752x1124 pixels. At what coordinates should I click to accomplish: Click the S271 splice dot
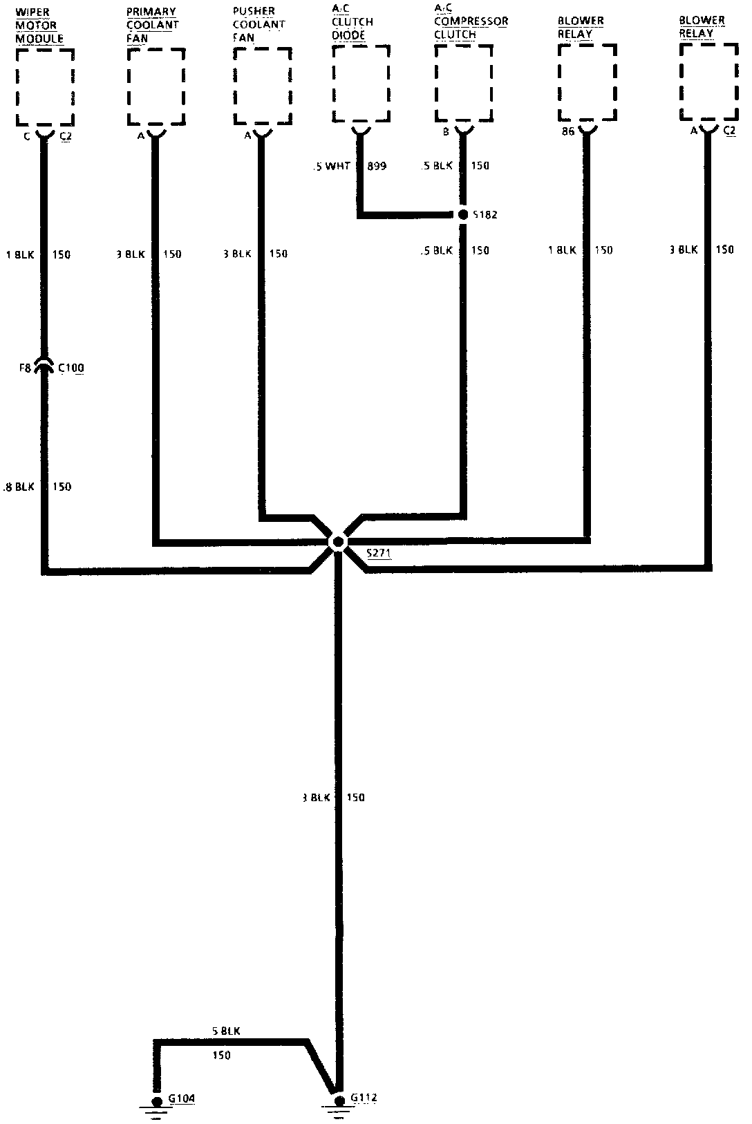pos(338,542)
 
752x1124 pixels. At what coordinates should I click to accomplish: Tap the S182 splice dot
pos(463,214)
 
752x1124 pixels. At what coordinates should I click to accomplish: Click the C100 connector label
pos(71,368)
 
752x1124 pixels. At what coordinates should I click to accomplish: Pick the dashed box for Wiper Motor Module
pos(46,86)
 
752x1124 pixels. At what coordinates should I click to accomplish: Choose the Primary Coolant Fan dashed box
pos(156,86)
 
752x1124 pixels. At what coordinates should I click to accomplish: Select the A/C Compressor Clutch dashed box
pos(464,83)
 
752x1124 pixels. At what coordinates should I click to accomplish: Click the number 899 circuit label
pos(377,166)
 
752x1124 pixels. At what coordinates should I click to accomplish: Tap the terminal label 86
pos(568,131)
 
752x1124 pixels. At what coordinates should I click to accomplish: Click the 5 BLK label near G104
pos(226,1031)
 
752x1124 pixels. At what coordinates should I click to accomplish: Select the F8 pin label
pos(24,368)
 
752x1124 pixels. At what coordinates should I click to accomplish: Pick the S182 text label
pos(485,215)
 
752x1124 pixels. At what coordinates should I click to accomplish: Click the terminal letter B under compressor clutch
pos(446,131)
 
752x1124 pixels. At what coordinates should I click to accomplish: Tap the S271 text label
pos(379,553)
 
